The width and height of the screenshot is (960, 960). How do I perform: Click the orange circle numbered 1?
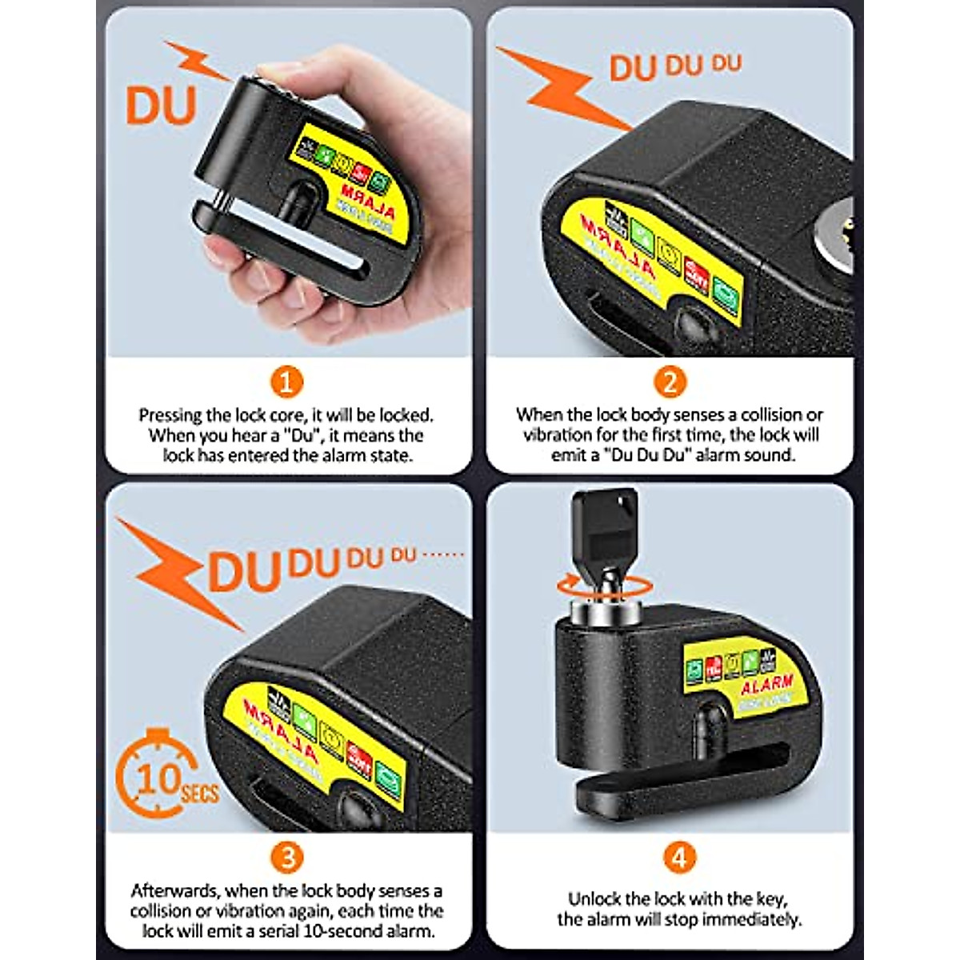(286, 382)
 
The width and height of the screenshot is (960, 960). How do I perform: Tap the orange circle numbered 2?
(670, 382)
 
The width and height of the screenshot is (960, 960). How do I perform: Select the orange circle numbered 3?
(287, 858)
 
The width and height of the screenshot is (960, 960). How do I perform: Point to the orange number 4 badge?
(678, 858)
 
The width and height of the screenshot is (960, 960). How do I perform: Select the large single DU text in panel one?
(161, 106)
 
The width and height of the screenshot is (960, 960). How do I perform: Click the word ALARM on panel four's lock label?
(766, 684)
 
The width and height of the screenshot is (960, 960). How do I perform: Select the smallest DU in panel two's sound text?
(726, 63)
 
